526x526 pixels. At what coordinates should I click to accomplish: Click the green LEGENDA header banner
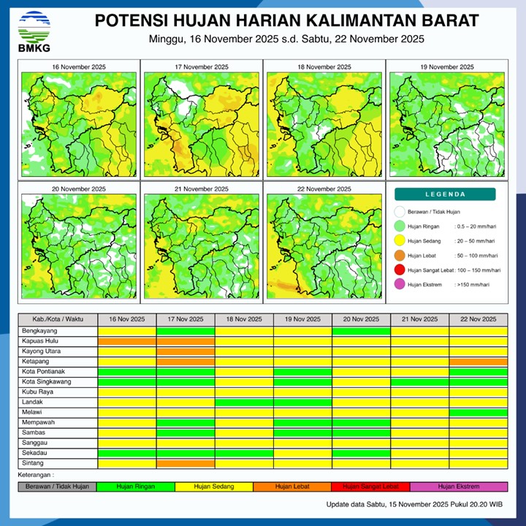445,194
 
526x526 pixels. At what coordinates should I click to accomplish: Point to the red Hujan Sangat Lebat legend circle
399,270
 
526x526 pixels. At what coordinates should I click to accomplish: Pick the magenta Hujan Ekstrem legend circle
399,284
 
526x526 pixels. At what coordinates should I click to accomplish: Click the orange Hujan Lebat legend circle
399,256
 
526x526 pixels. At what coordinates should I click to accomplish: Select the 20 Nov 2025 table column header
361,319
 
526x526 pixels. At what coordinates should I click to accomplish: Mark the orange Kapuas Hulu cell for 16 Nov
127,341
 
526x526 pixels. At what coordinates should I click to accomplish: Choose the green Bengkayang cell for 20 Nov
361,331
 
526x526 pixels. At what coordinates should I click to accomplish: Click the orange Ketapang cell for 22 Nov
478,362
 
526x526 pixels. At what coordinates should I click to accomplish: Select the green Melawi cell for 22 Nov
478,412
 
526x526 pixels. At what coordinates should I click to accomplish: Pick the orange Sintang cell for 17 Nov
186,463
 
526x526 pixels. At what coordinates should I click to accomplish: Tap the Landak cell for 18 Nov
244,402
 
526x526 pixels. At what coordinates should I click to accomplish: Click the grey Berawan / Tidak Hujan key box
57,487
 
